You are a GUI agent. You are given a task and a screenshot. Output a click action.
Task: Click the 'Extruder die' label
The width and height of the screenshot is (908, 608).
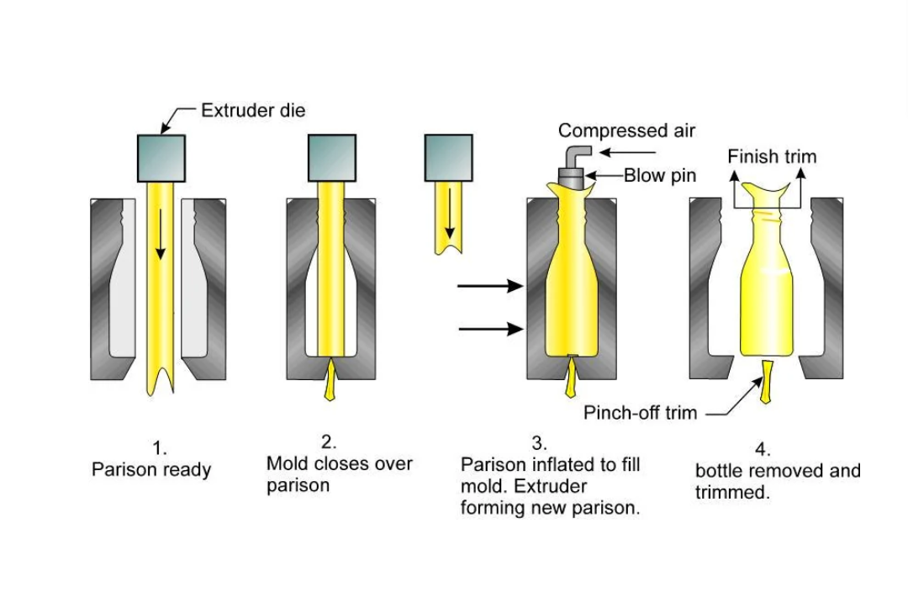253,109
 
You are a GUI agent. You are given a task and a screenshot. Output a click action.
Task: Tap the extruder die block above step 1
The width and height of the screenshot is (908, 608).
161,158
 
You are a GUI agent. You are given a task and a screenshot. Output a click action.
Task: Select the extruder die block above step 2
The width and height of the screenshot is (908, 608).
331,158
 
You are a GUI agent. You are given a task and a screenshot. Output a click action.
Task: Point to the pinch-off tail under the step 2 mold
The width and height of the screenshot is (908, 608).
330,379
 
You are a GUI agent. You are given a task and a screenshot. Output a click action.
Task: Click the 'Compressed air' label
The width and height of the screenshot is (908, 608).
627,131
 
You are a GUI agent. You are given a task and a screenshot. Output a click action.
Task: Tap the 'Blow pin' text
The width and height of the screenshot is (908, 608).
659,177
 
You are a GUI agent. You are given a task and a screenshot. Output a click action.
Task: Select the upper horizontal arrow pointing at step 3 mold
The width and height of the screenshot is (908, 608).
491,287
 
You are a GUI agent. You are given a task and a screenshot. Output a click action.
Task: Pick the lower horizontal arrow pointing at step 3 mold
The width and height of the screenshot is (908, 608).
491,329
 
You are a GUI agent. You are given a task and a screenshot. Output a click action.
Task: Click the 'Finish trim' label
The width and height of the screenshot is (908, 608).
771,156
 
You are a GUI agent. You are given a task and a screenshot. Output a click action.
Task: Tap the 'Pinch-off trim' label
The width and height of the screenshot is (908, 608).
641,413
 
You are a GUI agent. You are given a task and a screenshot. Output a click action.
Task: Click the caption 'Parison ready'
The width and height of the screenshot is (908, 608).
151,469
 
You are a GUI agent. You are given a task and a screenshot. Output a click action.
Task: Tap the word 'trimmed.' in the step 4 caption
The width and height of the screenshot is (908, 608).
732,493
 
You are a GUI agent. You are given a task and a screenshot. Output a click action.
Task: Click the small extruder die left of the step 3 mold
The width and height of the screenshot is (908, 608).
448,158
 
